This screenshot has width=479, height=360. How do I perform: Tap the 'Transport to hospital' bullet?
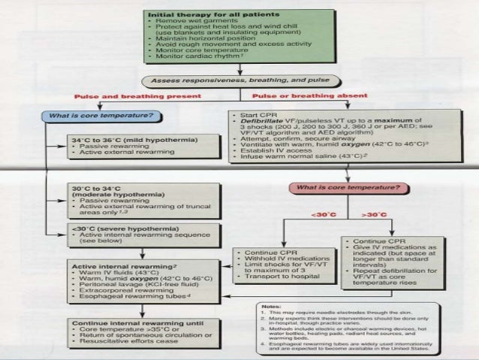pos(282,277)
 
